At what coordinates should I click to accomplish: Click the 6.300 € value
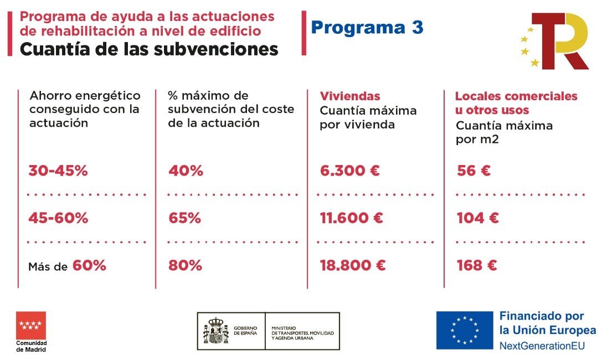click(x=349, y=171)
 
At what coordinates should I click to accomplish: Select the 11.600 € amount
click(x=351, y=218)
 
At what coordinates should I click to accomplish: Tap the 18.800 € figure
click(x=352, y=266)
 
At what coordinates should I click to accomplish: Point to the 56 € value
click(x=474, y=171)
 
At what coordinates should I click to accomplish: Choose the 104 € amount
click(x=477, y=218)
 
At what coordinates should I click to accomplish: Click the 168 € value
click(x=477, y=266)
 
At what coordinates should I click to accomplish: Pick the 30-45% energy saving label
click(x=58, y=171)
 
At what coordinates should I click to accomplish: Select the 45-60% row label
click(x=58, y=218)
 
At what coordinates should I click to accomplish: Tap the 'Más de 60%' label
click(x=67, y=266)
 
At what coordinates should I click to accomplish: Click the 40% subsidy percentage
click(x=186, y=171)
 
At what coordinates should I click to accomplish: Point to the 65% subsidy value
click(x=185, y=218)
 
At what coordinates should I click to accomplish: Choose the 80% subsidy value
click(x=185, y=266)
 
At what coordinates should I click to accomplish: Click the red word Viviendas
click(x=350, y=96)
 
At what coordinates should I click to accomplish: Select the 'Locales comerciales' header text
click(x=516, y=96)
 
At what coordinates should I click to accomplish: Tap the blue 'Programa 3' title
click(x=367, y=27)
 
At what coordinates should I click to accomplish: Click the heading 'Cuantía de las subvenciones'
click(x=149, y=49)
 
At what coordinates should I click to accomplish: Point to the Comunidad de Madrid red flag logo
click(x=31, y=325)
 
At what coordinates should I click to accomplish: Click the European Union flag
click(x=464, y=330)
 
